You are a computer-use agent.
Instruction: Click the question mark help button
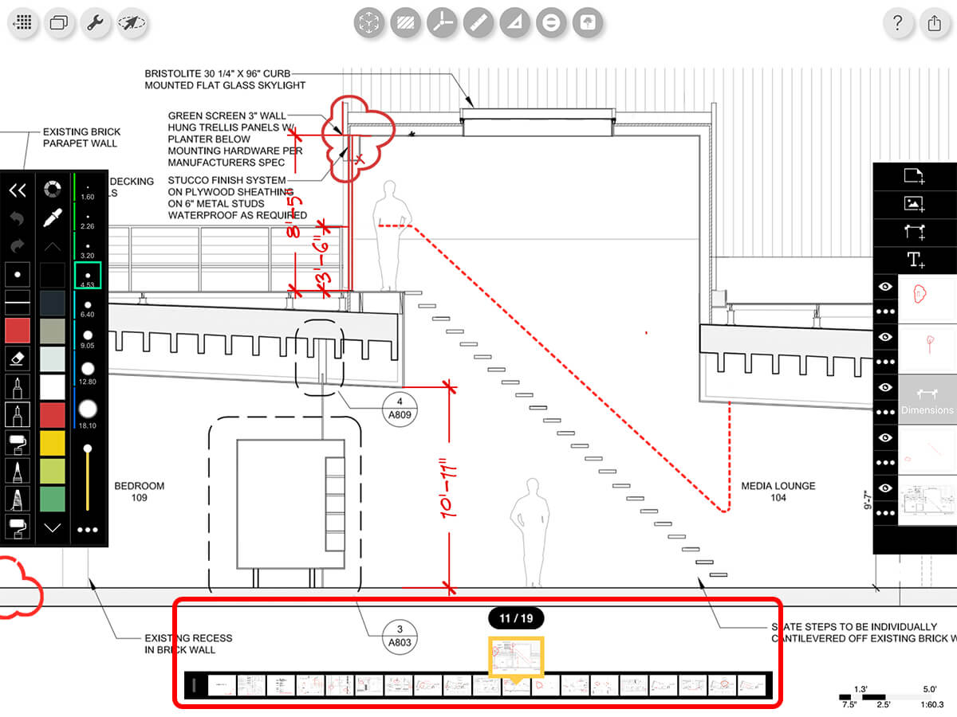[x=898, y=22]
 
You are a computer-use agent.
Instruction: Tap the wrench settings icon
[x=96, y=22]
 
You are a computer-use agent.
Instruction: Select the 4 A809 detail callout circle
[x=400, y=406]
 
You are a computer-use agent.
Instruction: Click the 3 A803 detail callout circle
[x=400, y=635]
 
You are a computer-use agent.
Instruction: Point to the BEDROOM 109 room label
[x=140, y=492]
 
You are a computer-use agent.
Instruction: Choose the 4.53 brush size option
[x=88, y=276]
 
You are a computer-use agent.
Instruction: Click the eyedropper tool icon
[x=53, y=217]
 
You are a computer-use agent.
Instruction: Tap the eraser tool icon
[x=18, y=358]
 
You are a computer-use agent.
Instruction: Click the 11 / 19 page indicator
[x=515, y=618]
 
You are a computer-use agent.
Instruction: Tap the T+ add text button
[x=914, y=259]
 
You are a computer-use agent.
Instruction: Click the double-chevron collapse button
[x=18, y=190]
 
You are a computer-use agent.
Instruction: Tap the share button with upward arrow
[x=935, y=22]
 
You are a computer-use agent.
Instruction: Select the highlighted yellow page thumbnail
[x=515, y=658]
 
